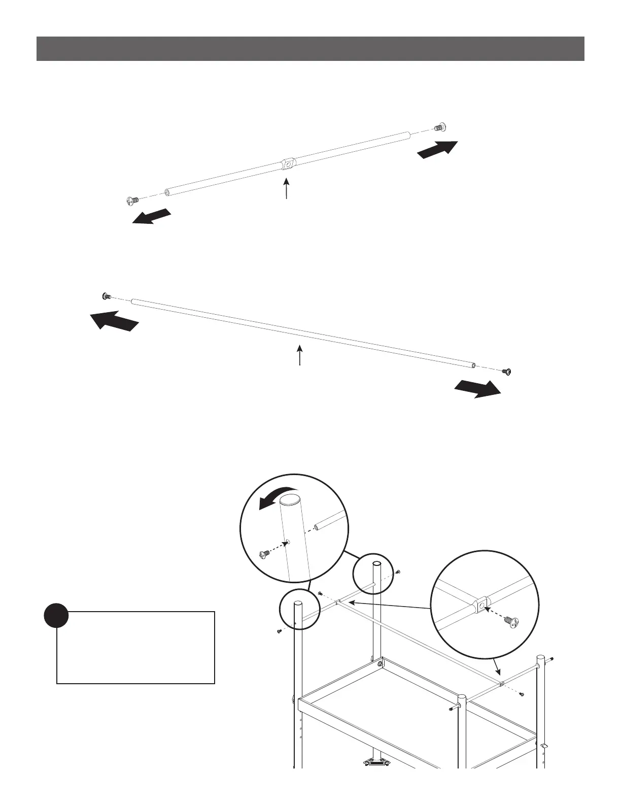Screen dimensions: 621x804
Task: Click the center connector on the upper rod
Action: coord(288,164)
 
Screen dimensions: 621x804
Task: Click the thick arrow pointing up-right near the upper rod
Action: coord(437,149)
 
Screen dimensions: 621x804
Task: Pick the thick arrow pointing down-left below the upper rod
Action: coord(151,216)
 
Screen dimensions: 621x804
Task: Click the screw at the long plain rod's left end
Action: coord(106,296)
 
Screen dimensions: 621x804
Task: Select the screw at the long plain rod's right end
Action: coord(507,372)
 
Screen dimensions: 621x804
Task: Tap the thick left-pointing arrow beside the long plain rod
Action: coord(114,321)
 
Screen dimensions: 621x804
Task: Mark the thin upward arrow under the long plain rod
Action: coord(299,355)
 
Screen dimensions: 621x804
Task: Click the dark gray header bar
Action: coord(310,49)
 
